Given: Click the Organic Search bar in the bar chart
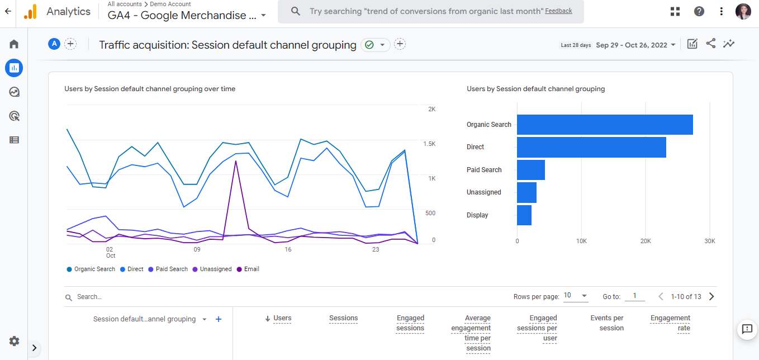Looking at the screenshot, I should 604,125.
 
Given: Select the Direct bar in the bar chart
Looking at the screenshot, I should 591,147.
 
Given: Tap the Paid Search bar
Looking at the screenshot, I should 530,170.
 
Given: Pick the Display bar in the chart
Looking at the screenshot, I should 524,215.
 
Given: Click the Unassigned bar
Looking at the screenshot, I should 526,192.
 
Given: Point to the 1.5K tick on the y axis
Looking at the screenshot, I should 429,144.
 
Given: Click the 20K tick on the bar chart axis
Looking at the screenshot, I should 646,241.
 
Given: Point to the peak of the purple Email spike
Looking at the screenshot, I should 236,161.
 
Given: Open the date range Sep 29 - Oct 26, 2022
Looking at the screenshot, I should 635,45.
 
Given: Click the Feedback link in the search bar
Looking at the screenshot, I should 558,11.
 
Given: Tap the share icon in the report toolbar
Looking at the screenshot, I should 710,44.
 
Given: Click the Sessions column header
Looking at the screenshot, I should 343,318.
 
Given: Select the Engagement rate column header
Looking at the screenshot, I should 670,323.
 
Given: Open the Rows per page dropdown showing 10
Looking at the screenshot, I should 575,296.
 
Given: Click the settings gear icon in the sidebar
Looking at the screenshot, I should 14,341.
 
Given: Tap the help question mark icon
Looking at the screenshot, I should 699,11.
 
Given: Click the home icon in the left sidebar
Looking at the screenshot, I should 14,44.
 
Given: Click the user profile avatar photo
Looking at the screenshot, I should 743,11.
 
